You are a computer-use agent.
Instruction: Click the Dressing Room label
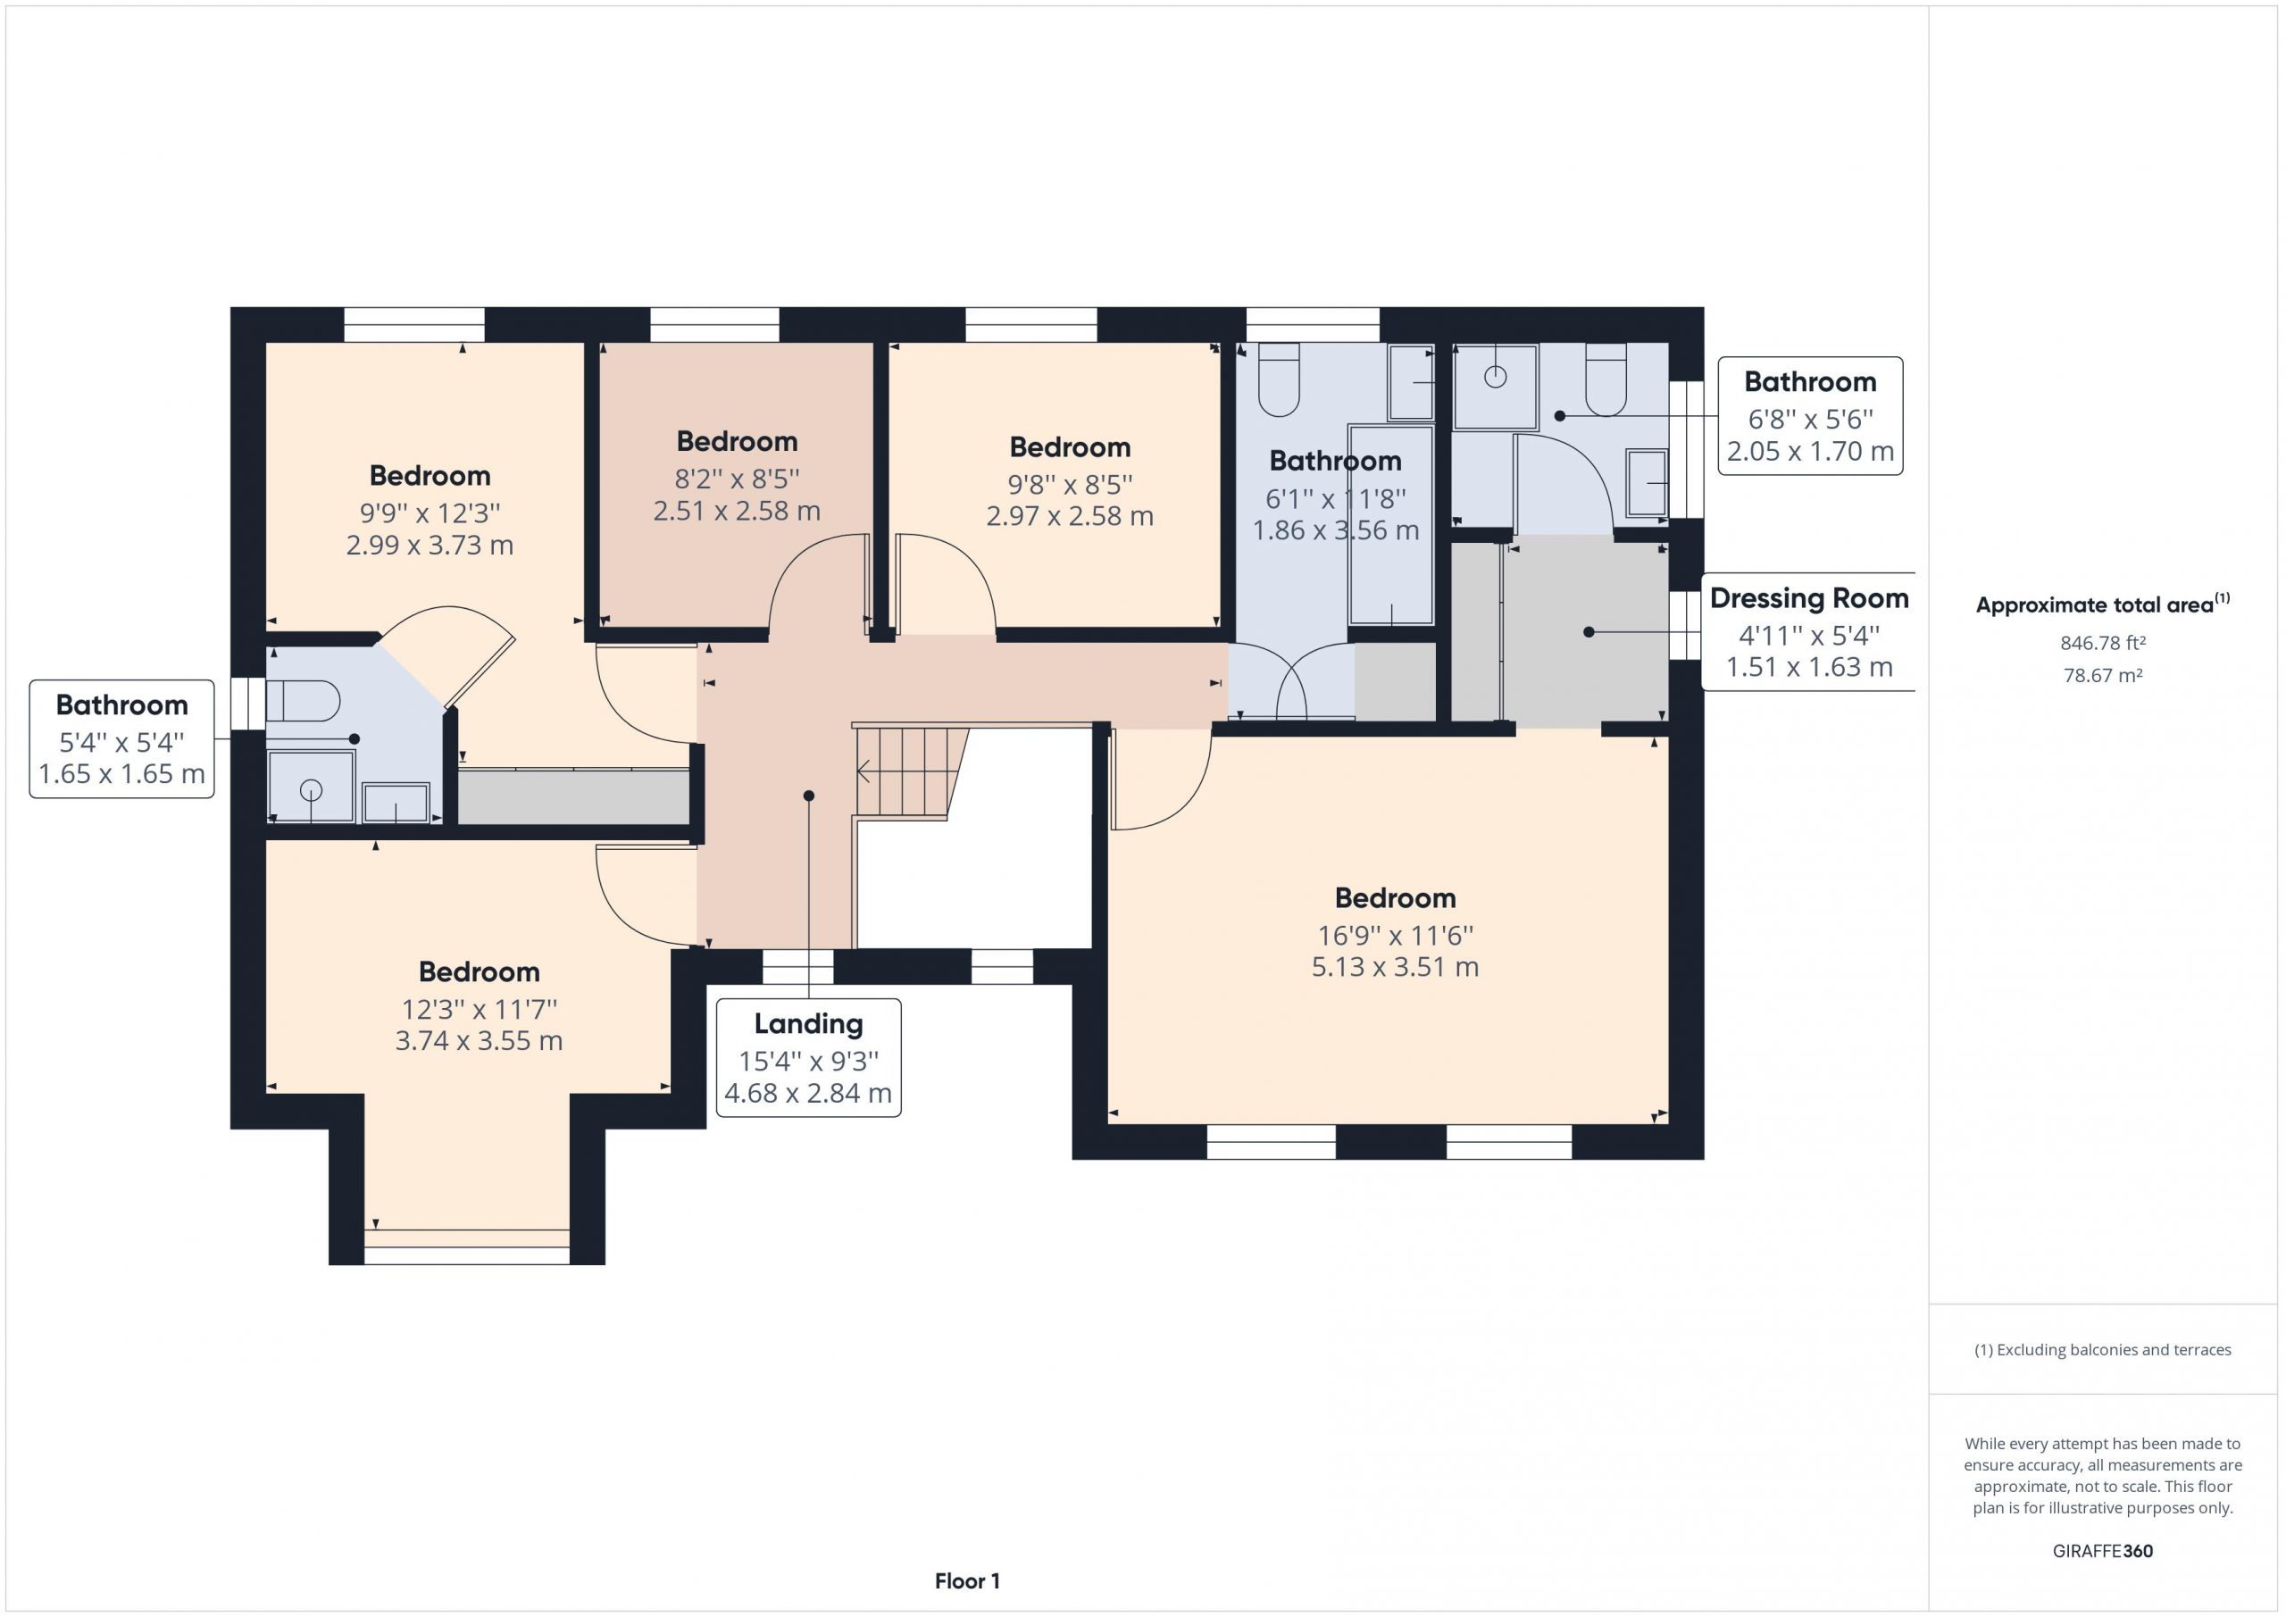[1809, 598]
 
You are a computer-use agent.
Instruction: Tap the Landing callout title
[808, 1023]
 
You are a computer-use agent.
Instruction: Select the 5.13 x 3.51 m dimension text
[1395, 967]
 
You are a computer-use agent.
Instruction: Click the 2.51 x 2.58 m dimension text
[737, 511]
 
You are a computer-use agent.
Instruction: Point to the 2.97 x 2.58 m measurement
[1069, 516]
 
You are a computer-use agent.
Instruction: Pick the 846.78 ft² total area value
[2103, 643]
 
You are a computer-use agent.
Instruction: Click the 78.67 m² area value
[2103, 675]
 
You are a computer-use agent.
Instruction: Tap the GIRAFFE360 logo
[2103, 1550]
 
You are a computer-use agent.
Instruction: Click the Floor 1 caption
[967, 1581]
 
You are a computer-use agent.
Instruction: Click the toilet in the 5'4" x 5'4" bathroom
[303, 701]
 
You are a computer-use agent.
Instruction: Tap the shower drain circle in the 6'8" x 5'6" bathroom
[1495, 377]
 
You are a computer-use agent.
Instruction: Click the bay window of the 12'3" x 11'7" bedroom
[467, 1246]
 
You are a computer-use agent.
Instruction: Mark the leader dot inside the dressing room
[1589, 632]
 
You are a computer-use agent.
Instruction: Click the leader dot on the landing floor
[808, 796]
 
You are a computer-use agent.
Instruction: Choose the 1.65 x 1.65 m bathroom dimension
[121, 773]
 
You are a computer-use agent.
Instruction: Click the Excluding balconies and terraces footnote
[2103, 1350]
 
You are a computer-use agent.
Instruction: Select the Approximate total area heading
[2103, 604]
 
